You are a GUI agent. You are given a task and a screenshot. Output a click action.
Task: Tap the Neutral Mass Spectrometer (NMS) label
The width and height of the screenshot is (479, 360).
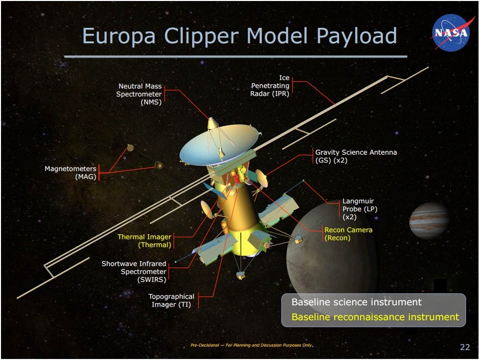point(139,94)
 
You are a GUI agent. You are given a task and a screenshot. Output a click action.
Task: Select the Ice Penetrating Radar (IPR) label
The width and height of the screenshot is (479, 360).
point(270,86)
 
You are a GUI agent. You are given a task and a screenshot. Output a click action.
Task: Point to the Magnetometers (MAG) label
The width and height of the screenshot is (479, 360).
point(71,173)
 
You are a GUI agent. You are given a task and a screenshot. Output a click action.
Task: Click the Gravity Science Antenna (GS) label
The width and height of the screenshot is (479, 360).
point(356,156)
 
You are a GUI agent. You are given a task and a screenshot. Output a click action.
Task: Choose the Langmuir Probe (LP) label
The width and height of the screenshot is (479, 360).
point(360,209)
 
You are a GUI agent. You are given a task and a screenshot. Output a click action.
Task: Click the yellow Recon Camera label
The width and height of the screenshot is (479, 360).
point(348,234)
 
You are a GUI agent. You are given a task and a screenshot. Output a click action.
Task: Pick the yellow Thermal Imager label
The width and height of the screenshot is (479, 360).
point(144,241)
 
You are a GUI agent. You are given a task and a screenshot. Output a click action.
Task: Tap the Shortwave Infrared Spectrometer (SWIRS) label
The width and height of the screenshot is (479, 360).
point(134,271)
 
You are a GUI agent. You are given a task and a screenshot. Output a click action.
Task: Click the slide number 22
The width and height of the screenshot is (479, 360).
point(465,347)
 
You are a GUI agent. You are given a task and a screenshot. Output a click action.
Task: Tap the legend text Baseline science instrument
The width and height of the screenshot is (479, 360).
point(356,302)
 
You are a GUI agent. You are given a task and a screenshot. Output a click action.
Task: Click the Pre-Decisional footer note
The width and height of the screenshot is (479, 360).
point(252,345)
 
